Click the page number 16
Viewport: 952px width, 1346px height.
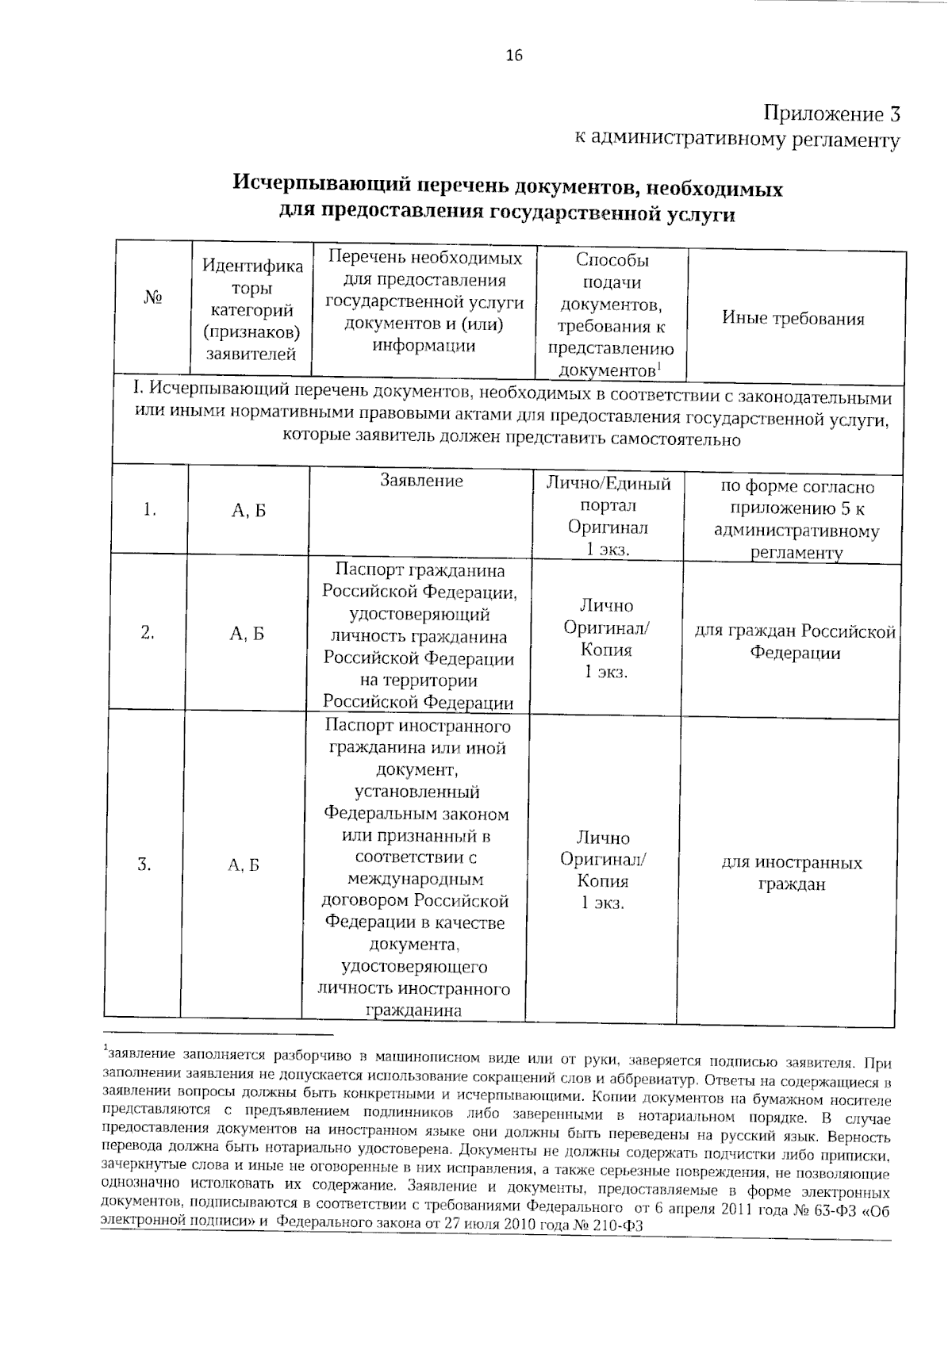pos(513,56)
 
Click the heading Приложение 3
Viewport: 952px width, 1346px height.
pos(832,113)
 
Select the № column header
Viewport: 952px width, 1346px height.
pos(153,298)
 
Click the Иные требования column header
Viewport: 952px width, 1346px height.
pos(793,319)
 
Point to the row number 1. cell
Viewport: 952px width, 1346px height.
pos(149,510)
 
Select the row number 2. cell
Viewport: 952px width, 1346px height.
pos(147,632)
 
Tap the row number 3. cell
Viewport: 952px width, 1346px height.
pos(144,864)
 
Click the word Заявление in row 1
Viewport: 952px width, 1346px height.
pos(421,481)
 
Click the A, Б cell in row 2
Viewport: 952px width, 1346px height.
pos(247,633)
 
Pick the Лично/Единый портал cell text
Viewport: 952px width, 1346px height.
pos(608,495)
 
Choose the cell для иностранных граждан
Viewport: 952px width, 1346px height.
pos(791,873)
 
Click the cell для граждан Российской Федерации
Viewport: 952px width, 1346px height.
pos(795,642)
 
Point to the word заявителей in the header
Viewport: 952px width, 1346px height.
pos(251,355)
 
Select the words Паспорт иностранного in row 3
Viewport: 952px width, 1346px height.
pos(417,727)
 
